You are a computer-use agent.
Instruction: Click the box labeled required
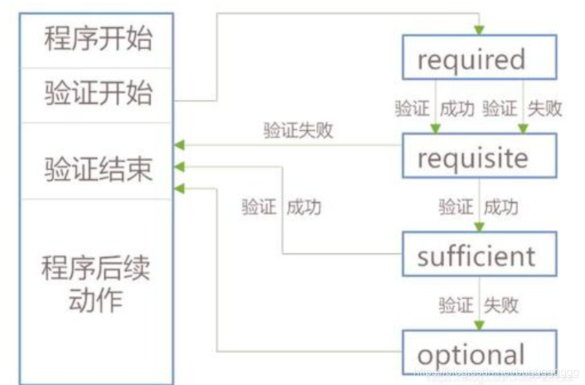[479, 60]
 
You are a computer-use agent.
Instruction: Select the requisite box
[479, 157]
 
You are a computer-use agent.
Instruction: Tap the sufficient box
[479, 255]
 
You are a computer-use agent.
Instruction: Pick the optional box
[479, 353]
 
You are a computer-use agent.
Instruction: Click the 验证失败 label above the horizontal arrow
[298, 131]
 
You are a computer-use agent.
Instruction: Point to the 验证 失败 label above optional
[478, 305]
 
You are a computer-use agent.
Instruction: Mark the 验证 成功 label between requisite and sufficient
[478, 207]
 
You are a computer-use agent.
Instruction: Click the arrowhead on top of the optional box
[479, 325]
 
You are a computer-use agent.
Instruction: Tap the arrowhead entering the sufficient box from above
[479, 227]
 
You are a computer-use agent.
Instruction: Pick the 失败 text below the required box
[544, 109]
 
